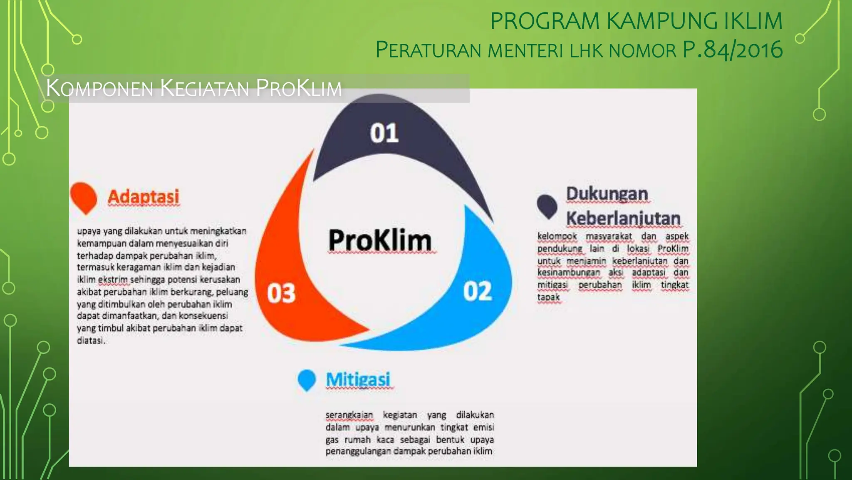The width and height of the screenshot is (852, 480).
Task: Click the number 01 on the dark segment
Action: coord(384,133)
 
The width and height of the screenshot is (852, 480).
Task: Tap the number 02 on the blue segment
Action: coord(478,291)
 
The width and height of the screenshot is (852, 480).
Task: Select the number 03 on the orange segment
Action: coord(281,293)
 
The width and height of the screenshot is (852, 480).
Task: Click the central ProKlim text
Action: coord(380,240)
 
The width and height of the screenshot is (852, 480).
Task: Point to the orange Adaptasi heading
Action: coord(144,197)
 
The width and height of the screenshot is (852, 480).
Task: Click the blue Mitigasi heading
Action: coord(358,380)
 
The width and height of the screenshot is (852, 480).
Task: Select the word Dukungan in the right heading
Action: coord(607,194)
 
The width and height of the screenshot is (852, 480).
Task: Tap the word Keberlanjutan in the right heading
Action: coord(623,218)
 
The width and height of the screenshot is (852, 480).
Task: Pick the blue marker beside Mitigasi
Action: coord(307,380)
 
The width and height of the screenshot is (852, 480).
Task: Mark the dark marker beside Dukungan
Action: coord(547,206)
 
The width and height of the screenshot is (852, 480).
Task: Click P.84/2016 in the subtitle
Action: coord(732,50)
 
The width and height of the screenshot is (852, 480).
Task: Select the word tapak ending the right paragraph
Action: coord(548,297)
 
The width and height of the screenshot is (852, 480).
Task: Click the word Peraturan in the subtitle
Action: coord(428,50)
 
